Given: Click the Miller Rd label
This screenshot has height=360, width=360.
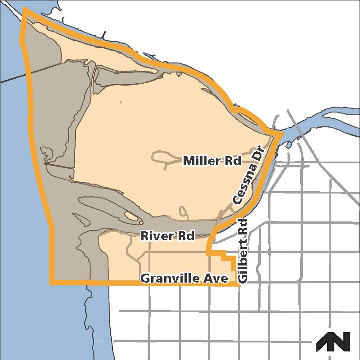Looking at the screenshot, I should tap(212, 161).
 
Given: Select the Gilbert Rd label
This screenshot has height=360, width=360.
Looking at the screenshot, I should tap(243, 251).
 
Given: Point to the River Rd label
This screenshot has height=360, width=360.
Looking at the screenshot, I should tap(167, 236).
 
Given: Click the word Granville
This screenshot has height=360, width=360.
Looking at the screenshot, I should tap(170, 279).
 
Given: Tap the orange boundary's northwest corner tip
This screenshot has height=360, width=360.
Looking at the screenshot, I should tap(25, 9).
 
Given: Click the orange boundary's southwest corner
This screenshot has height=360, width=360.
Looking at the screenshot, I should tap(51, 283).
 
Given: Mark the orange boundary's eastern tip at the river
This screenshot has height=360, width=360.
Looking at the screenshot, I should tap(282, 134).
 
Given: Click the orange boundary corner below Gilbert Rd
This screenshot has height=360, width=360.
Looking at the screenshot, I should tap(237, 284).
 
